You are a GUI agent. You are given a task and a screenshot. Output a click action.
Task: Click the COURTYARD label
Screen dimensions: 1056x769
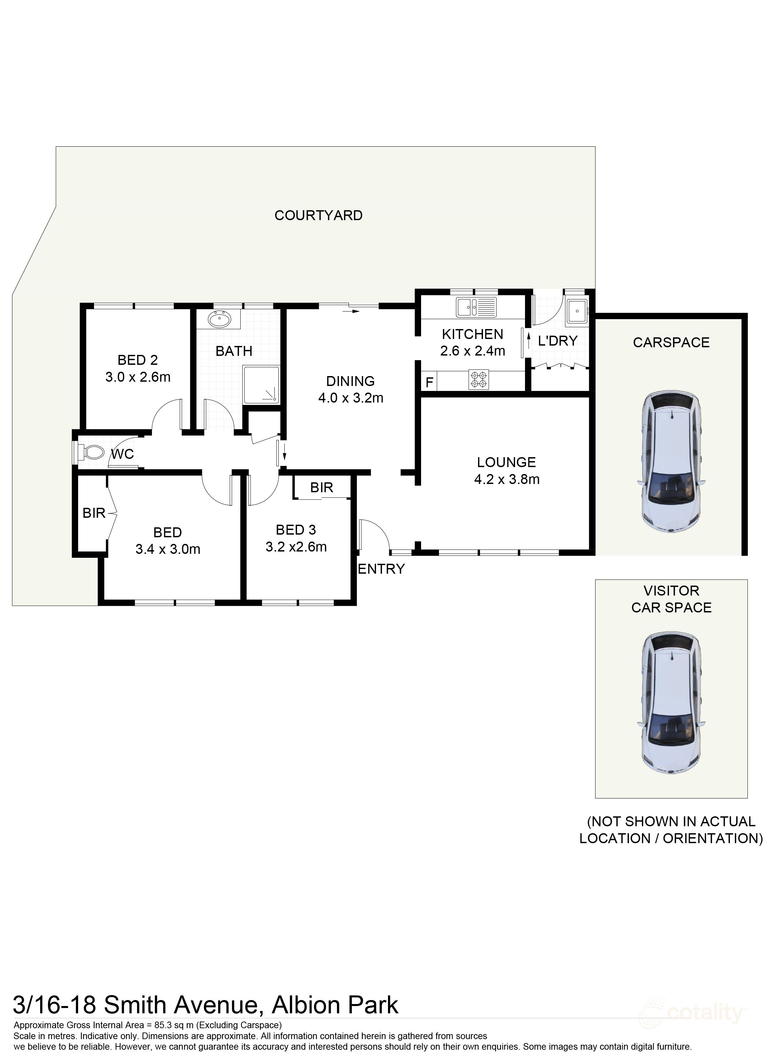click(x=318, y=216)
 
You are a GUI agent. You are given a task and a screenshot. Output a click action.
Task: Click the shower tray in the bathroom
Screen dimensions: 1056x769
click(x=261, y=385)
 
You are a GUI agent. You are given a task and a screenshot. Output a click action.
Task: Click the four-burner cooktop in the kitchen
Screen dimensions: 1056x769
click(x=479, y=379)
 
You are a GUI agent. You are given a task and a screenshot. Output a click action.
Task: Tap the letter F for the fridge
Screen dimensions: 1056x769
click(x=429, y=382)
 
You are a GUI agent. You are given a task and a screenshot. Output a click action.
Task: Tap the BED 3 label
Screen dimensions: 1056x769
click(x=296, y=530)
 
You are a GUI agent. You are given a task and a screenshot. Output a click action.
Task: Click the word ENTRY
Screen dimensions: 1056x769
click(x=381, y=569)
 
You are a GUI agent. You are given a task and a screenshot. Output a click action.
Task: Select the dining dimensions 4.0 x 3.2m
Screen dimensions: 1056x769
click(x=351, y=398)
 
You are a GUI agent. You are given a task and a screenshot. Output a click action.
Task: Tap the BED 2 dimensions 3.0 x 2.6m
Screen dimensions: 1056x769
click(x=138, y=377)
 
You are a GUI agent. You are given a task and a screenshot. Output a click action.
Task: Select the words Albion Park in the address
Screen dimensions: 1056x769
click(x=335, y=1005)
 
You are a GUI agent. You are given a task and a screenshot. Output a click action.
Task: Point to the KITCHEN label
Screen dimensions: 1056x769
click(x=472, y=334)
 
